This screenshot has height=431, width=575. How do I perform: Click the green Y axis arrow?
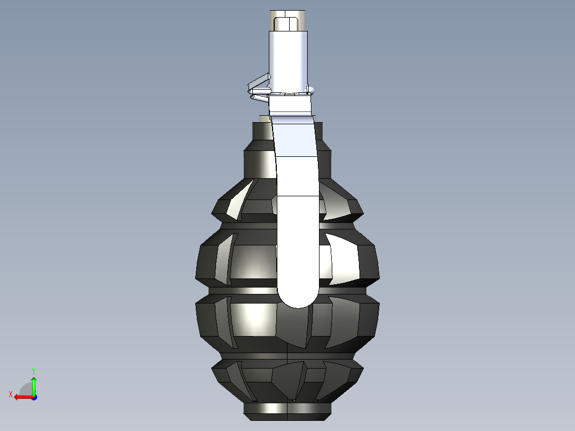34,386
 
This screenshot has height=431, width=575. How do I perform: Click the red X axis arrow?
23,397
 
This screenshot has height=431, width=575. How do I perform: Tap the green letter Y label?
34,371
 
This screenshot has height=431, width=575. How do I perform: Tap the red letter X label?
11,394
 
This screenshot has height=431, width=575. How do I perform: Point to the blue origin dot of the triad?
34,397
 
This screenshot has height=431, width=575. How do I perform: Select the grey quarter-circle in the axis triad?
26,390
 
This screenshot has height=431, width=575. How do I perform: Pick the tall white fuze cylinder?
288,61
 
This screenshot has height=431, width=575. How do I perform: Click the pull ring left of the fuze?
259,87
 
